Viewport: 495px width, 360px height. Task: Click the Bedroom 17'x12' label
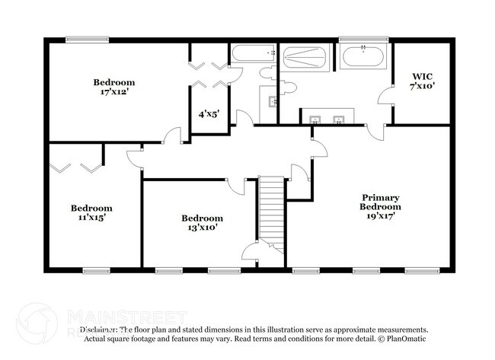tap(114, 88)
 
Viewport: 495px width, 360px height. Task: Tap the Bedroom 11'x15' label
tap(91, 212)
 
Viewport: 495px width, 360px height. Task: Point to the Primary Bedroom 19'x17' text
tap(381, 205)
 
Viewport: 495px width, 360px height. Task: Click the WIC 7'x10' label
tap(423, 81)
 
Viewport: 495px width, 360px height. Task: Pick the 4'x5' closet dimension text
tap(209, 114)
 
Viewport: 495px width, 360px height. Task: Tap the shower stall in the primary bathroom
tap(305, 58)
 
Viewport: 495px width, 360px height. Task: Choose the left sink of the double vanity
tap(315, 119)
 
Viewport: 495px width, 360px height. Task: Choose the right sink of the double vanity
tap(340, 119)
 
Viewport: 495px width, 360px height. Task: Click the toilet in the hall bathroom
tap(269, 72)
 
